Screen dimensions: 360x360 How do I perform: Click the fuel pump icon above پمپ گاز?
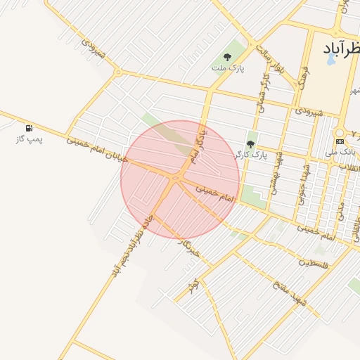[x=29, y=128]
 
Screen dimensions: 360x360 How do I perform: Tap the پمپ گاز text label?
[x=30, y=139]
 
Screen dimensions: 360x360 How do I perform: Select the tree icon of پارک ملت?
[x=227, y=57]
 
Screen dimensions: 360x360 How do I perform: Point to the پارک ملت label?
[x=228, y=68]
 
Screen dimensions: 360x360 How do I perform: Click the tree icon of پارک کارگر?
[x=250, y=143]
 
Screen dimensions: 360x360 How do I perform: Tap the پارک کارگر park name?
[x=250, y=154]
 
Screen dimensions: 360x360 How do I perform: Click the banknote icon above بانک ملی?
[x=340, y=141]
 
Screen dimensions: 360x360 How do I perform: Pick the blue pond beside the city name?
[x=330, y=59]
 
